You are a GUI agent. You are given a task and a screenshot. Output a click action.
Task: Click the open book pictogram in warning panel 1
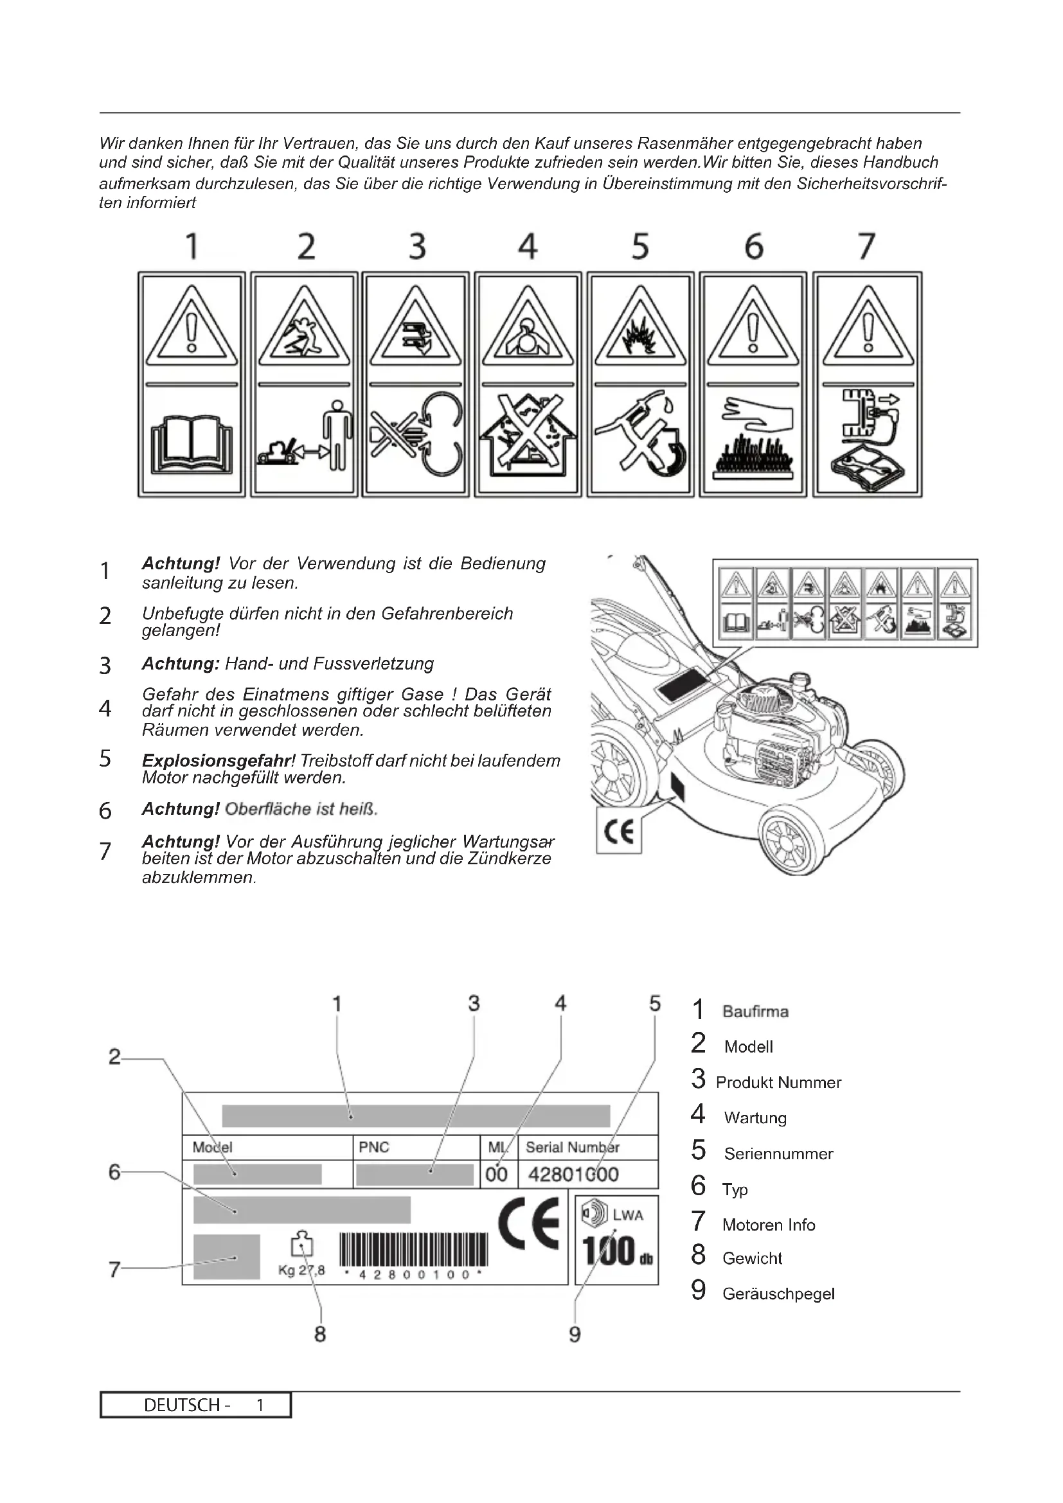[191, 444]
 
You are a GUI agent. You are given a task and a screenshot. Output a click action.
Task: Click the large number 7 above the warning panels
[866, 247]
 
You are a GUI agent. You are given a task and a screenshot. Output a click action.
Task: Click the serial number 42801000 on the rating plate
[573, 1174]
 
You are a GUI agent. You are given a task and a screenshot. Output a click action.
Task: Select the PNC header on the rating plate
[374, 1147]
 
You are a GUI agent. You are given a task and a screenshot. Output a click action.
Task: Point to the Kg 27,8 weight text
[301, 1270]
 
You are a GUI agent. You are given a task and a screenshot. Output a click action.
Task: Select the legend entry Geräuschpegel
[778, 1294]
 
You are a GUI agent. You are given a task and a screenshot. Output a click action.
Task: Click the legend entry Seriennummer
[778, 1153]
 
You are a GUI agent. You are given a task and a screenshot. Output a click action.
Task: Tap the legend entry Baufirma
[755, 1011]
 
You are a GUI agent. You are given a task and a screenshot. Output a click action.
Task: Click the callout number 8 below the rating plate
[320, 1333]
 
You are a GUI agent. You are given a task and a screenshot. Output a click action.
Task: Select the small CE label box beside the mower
[618, 832]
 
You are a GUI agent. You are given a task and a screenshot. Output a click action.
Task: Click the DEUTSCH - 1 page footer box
[195, 1405]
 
